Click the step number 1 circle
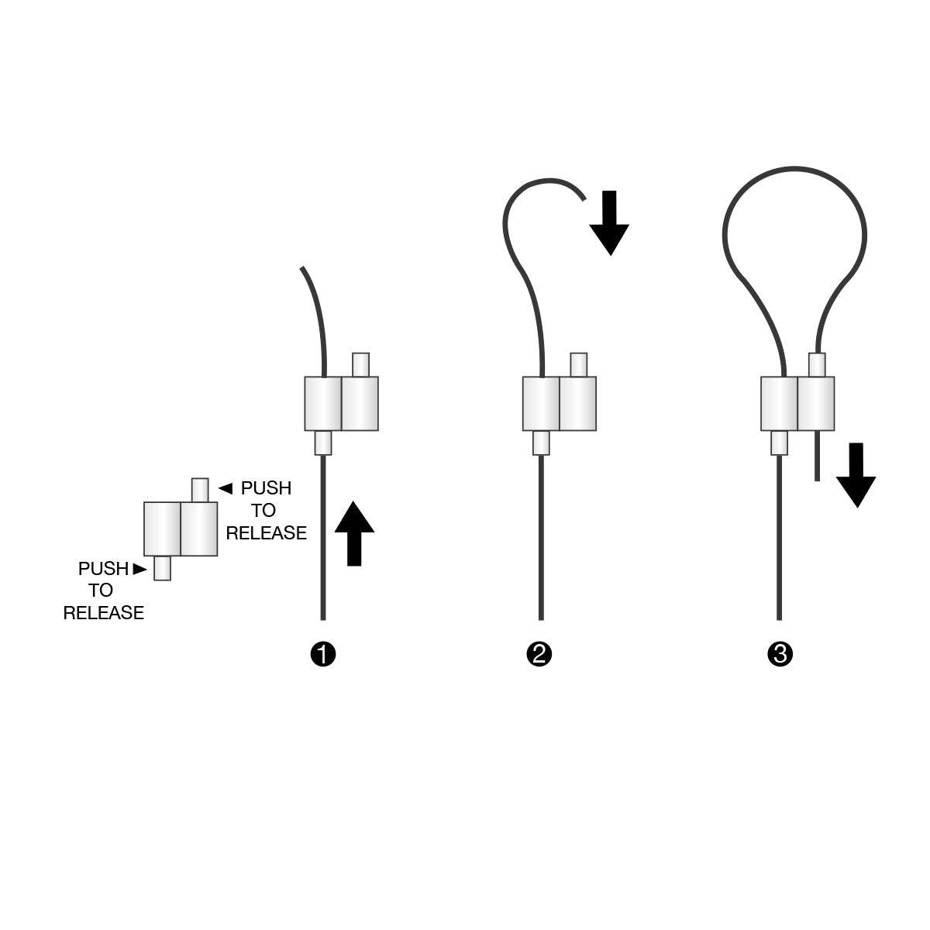click(322, 654)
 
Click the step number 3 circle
click(780, 654)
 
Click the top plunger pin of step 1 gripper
click(360, 364)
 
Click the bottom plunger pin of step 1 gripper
click(323, 443)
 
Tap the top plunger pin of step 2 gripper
click(578, 364)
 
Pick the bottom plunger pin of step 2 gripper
click(542, 443)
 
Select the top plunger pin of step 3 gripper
click(817, 364)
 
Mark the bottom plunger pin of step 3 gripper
click(780, 443)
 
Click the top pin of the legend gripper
click(200, 490)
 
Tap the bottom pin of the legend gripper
click(162, 568)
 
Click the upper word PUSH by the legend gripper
click(266, 488)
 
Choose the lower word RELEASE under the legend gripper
click(103, 613)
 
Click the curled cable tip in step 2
click(582, 196)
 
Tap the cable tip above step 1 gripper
click(303, 270)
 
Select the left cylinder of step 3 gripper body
click(779, 403)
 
